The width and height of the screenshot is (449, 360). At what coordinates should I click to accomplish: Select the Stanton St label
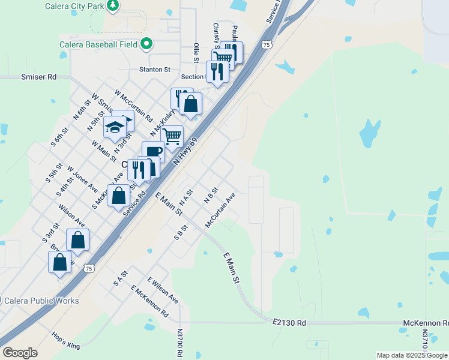coord(155,70)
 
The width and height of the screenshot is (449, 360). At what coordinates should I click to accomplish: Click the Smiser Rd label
coord(38,77)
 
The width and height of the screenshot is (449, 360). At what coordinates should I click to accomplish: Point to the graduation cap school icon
coord(115,127)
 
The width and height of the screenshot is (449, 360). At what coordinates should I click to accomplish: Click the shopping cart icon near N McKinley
coord(172,137)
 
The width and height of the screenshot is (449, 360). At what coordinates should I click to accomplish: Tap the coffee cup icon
coord(152,152)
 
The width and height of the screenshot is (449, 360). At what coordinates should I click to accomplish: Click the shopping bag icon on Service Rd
coord(119,196)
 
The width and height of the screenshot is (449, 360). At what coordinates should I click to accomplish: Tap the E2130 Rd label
coord(289,323)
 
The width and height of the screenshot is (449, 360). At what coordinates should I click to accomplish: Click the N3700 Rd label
coord(179,343)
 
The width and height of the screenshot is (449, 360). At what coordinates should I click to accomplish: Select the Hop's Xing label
coord(65,340)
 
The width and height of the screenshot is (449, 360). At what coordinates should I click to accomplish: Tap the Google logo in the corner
coord(20,353)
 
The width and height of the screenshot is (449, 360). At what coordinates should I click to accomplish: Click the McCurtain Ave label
coord(220,210)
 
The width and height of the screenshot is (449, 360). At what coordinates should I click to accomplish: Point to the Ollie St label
coord(196,53)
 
